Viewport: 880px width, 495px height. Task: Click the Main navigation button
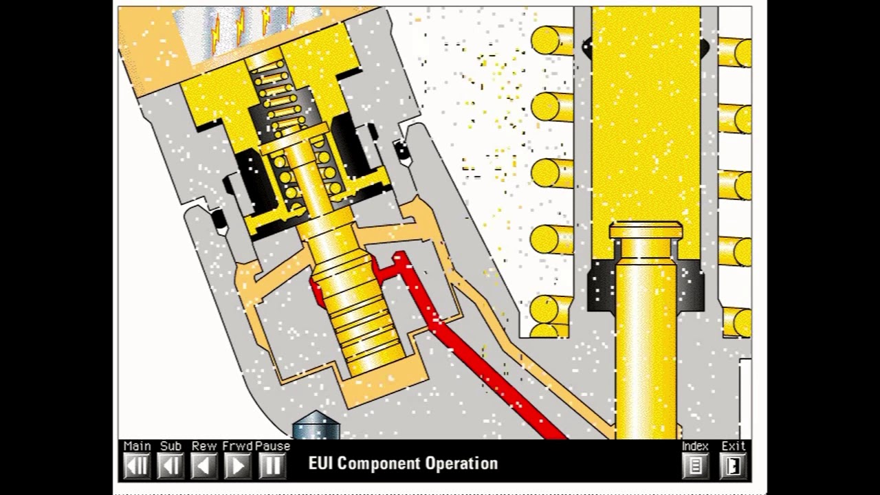137,465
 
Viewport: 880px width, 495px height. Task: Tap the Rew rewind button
204,465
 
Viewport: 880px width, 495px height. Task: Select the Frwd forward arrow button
238,465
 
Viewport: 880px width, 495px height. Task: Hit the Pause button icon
272,465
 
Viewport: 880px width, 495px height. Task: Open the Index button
695,465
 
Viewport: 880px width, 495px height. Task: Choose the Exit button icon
733,465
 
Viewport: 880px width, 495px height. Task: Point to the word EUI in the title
321,463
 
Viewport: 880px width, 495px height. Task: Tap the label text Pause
272,446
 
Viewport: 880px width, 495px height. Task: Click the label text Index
695,446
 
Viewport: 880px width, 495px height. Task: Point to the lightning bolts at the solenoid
251,24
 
